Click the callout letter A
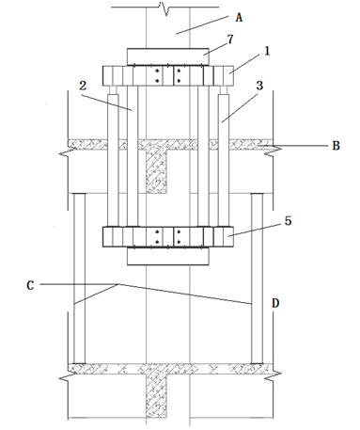coord(239,18)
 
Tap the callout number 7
coord(230,40)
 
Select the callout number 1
coord(267,51)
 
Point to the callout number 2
coord(83,86)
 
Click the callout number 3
coord(259,86)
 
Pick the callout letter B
coord(336,146)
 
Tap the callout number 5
coord(288,221)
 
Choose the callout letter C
coord(30,285)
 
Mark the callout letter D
coord(275,303)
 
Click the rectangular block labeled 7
coord(167,56)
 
